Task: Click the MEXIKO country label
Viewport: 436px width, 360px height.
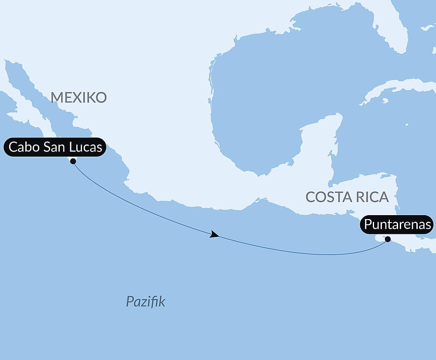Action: (78, 97)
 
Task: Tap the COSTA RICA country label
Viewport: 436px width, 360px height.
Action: (347, 197)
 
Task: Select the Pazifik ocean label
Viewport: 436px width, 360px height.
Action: (146, 302)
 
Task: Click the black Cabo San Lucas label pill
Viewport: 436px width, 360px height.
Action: (55, 147)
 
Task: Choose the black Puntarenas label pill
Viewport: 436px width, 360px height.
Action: (397, 225)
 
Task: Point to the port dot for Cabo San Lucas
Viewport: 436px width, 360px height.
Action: (73, 161)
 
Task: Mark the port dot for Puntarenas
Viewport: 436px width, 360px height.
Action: (388, 239)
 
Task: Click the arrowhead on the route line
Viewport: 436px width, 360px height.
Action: (214, 235)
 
